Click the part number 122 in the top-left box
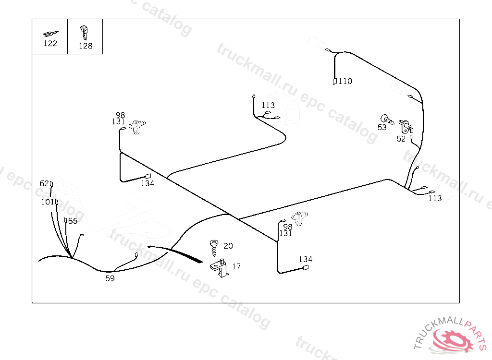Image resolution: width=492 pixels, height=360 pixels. coord(50,43)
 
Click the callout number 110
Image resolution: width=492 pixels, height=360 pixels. coord(345,81)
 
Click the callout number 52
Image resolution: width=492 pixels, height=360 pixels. coord(401,139)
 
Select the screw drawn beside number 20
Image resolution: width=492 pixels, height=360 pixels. coord(214,247)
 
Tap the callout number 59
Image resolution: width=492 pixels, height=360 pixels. coord(110,278)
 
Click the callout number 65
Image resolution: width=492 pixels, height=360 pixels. coord(73,221)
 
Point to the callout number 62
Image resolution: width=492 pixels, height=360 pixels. coord(44,183)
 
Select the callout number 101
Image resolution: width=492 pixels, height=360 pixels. coord(47,202)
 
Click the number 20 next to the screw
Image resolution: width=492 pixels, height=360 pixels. coord(228,246)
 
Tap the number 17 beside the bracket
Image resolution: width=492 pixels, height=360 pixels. coord(236,266)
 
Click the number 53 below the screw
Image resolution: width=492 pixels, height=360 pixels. coord(382,128)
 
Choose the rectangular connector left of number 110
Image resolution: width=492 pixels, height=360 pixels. coord(334,82)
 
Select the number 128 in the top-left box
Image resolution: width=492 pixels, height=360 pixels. coord(86,46)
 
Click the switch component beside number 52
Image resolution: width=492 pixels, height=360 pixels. coord(406,127)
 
